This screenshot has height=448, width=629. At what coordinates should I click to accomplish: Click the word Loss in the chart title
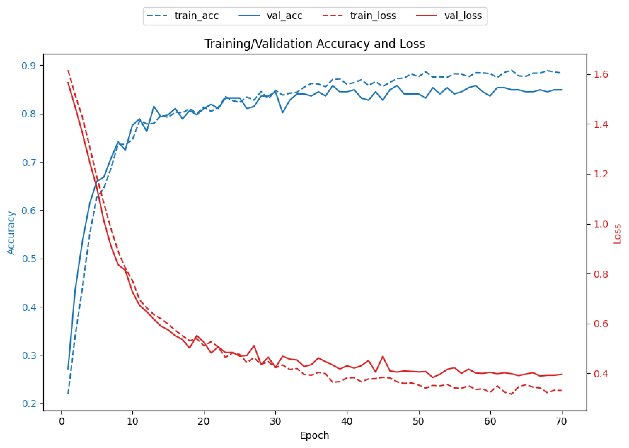click(412, 44)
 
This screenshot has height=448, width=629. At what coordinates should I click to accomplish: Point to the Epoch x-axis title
click(314, 435)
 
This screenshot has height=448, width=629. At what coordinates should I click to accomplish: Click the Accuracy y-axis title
click(11, 232)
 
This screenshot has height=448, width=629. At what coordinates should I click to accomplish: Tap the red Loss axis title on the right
click(617, 234)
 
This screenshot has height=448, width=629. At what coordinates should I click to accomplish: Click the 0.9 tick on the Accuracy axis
click(29, 66)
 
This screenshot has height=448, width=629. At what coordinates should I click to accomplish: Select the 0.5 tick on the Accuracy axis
click(29, 259)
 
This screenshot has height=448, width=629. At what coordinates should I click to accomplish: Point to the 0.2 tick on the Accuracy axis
click(29, 404)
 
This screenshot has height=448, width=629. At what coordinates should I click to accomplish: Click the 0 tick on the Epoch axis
click(61, 422)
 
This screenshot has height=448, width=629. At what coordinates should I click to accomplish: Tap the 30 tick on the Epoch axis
click(276, 422)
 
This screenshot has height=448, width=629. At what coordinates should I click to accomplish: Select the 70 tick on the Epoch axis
click(561, 422)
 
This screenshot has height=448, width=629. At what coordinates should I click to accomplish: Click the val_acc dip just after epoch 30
click(283, 112)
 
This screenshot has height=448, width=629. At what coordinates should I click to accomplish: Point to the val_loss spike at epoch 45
click(383, 356)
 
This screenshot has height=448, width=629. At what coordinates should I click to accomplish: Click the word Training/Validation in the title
click(259, 44)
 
